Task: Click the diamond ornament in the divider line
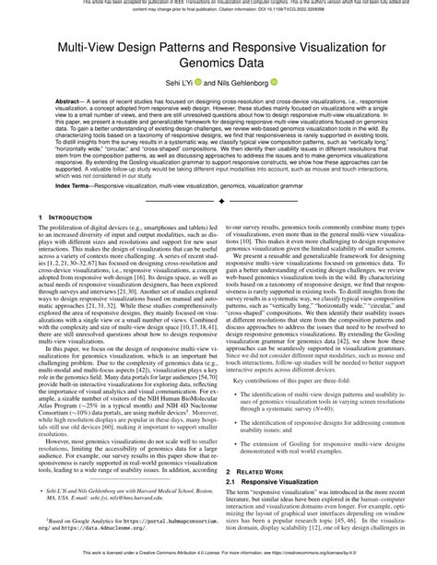[x=219, y=226]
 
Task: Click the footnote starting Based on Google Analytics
[x=129, y=519]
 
